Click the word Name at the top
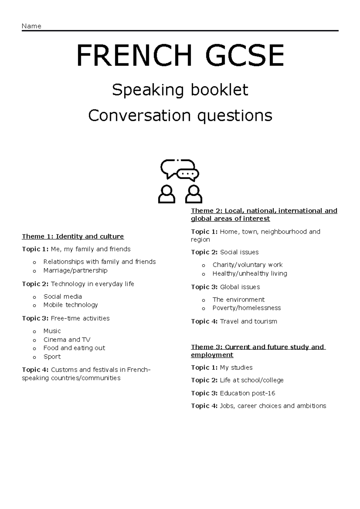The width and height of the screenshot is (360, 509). pyautogui.click(x=31, y=26)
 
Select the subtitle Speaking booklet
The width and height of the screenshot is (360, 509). pyautogui.click(x=180, y=90)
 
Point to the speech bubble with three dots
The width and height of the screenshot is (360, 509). pyautogui.click(x=188, y=174)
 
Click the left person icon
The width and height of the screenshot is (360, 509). pyautogui.click(x=166, y=194)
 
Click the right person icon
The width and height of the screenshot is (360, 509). pyautogui.click(x=193, y=194)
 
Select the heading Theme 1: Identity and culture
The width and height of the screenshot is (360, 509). pyautogui.click(x=73, y=236)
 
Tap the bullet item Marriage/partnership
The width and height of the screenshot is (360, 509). pyautogui.click(x=75, y=270)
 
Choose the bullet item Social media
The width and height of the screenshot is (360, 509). pyautogui.click(x=62, y=296)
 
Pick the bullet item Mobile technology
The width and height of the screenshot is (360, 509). pyautogui.click(x=70, y=305)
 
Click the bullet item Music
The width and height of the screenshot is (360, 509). pyautogui.click(x=52, y=331)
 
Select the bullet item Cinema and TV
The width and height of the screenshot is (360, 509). pyautogui.click(x=67, y=340)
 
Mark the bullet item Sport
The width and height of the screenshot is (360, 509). pyautogui.click(x=52, y=357)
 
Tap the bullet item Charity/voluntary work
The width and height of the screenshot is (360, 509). pyautogui.click(x=247, y=265)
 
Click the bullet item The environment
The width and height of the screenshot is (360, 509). pyautogui.click(x=238, y=299)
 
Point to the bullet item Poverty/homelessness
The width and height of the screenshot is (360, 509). pyautogui.click(x=247, y=308)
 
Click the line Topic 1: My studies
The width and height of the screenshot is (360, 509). pyautogui.click(x=222, y=368)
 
